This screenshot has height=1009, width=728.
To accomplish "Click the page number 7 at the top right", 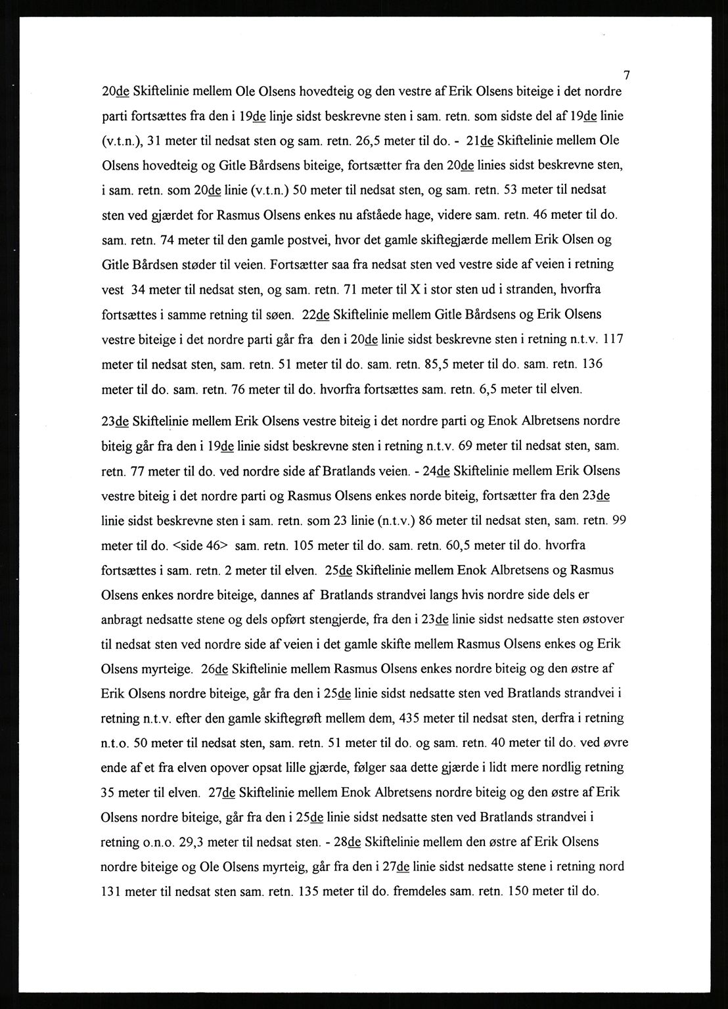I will pos(627,74).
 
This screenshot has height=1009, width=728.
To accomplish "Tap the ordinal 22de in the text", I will pos(316,315).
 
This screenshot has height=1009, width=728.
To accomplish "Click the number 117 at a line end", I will pos(612,340).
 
